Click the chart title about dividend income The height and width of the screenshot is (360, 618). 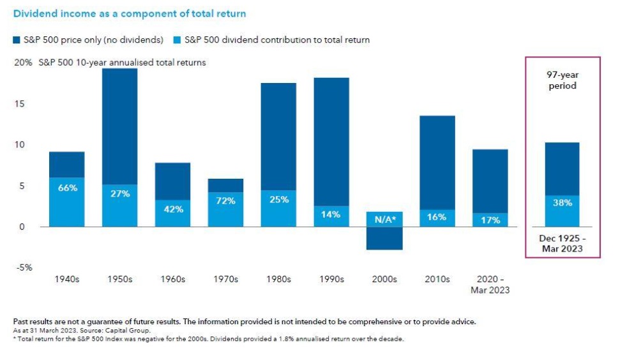point(130,13)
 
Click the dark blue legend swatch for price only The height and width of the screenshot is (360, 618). point(17,40)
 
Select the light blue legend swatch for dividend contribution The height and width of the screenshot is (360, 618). point(177,40)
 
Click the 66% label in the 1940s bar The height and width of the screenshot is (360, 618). point(67,188)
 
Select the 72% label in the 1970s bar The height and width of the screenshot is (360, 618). point(225,200)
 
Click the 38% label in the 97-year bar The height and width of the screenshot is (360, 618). point(562,203)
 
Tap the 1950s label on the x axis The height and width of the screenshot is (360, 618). point(120,280)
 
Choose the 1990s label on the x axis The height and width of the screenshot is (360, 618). point(331,280)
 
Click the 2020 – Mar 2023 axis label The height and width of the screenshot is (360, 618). point(490,285)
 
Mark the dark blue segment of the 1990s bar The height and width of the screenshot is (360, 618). point(331,141)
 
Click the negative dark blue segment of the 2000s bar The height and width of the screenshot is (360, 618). point(384,238)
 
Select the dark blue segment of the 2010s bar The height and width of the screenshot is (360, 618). point(437,162)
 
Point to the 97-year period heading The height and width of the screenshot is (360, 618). point(562,80)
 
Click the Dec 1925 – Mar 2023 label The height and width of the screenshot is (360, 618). point(562,244)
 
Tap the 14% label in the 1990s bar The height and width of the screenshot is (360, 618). point(331,215)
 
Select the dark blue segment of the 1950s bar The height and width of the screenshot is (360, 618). point(120,126)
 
